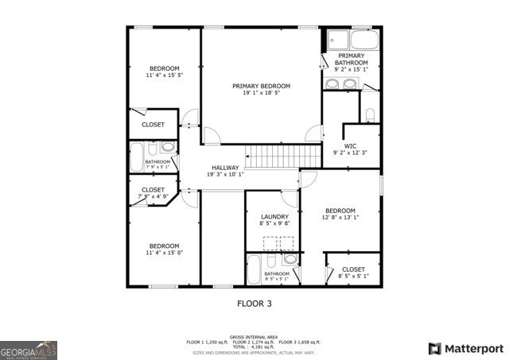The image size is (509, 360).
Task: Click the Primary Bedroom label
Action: tap(261, 86)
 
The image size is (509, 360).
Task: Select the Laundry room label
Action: tap(274, 216)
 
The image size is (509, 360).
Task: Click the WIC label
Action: tap(350, 145)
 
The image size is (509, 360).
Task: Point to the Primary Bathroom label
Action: tap(351, 60)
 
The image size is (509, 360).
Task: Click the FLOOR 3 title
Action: tap(254, 303)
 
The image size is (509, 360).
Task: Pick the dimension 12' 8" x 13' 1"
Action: tap(340, 217)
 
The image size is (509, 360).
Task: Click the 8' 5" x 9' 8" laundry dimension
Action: tap(274, 224)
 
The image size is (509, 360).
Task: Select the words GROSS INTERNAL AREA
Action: tap(254, 337)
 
